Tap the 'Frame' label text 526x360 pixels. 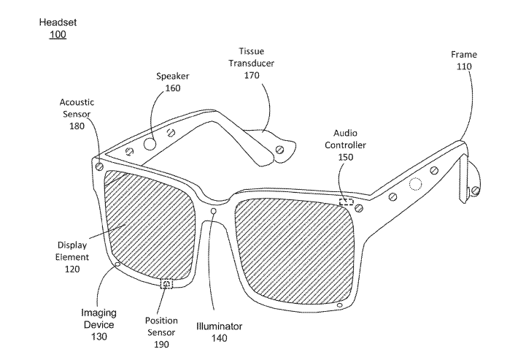coord(465,55)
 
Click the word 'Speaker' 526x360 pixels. coord(173,76)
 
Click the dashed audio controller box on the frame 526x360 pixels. coord(347,202)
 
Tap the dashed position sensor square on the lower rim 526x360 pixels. coord(166,283)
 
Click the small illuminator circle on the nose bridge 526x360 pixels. coord(213,212)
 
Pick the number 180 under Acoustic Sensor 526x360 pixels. coord(77,126)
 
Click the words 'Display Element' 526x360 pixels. coord(72,251)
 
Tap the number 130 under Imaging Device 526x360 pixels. coord(98,336)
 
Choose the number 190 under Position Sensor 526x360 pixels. coord(161,342)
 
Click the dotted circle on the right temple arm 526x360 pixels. coord(416,183)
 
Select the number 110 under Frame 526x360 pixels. coord(465,66)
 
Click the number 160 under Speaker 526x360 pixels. coord(173,88)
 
